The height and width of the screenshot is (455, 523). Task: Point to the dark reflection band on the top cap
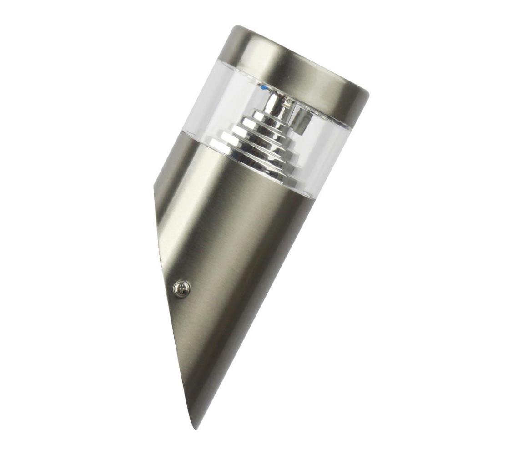(318, 75)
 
